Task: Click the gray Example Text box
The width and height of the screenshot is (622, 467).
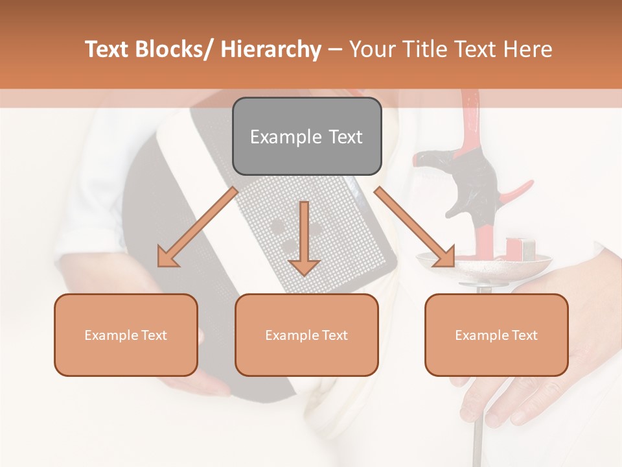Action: pos(306,136)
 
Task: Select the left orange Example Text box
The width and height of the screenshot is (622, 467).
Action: pos(126,335)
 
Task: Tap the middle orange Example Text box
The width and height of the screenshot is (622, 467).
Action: pos(306,335)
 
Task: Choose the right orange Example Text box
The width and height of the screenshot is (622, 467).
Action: pos(496,335)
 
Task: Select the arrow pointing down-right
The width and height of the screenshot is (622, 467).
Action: pos(415,228)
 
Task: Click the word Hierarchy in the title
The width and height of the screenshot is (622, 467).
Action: pos(271,49)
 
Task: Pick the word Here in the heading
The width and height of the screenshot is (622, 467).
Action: pos(529,49)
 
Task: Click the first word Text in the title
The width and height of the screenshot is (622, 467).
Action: pos(108,49)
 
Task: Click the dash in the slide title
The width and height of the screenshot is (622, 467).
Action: pos(335,50)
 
